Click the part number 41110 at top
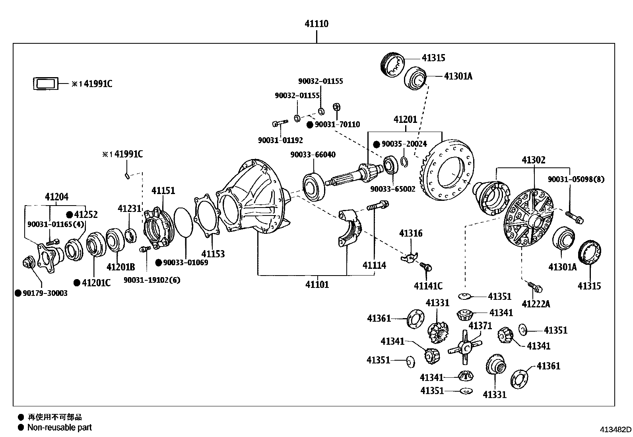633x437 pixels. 316,24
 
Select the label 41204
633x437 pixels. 56,196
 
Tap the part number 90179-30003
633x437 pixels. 45,293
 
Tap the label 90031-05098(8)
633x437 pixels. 576,179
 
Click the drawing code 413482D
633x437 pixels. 616,429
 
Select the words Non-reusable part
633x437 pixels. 59,427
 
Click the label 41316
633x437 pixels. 411,233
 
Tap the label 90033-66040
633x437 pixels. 313,155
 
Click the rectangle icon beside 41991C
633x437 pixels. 45,84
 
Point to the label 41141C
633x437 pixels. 428,286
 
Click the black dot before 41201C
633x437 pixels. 77,283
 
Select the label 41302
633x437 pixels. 533,160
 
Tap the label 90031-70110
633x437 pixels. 337,124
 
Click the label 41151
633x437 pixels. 163,190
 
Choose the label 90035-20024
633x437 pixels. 404,144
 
